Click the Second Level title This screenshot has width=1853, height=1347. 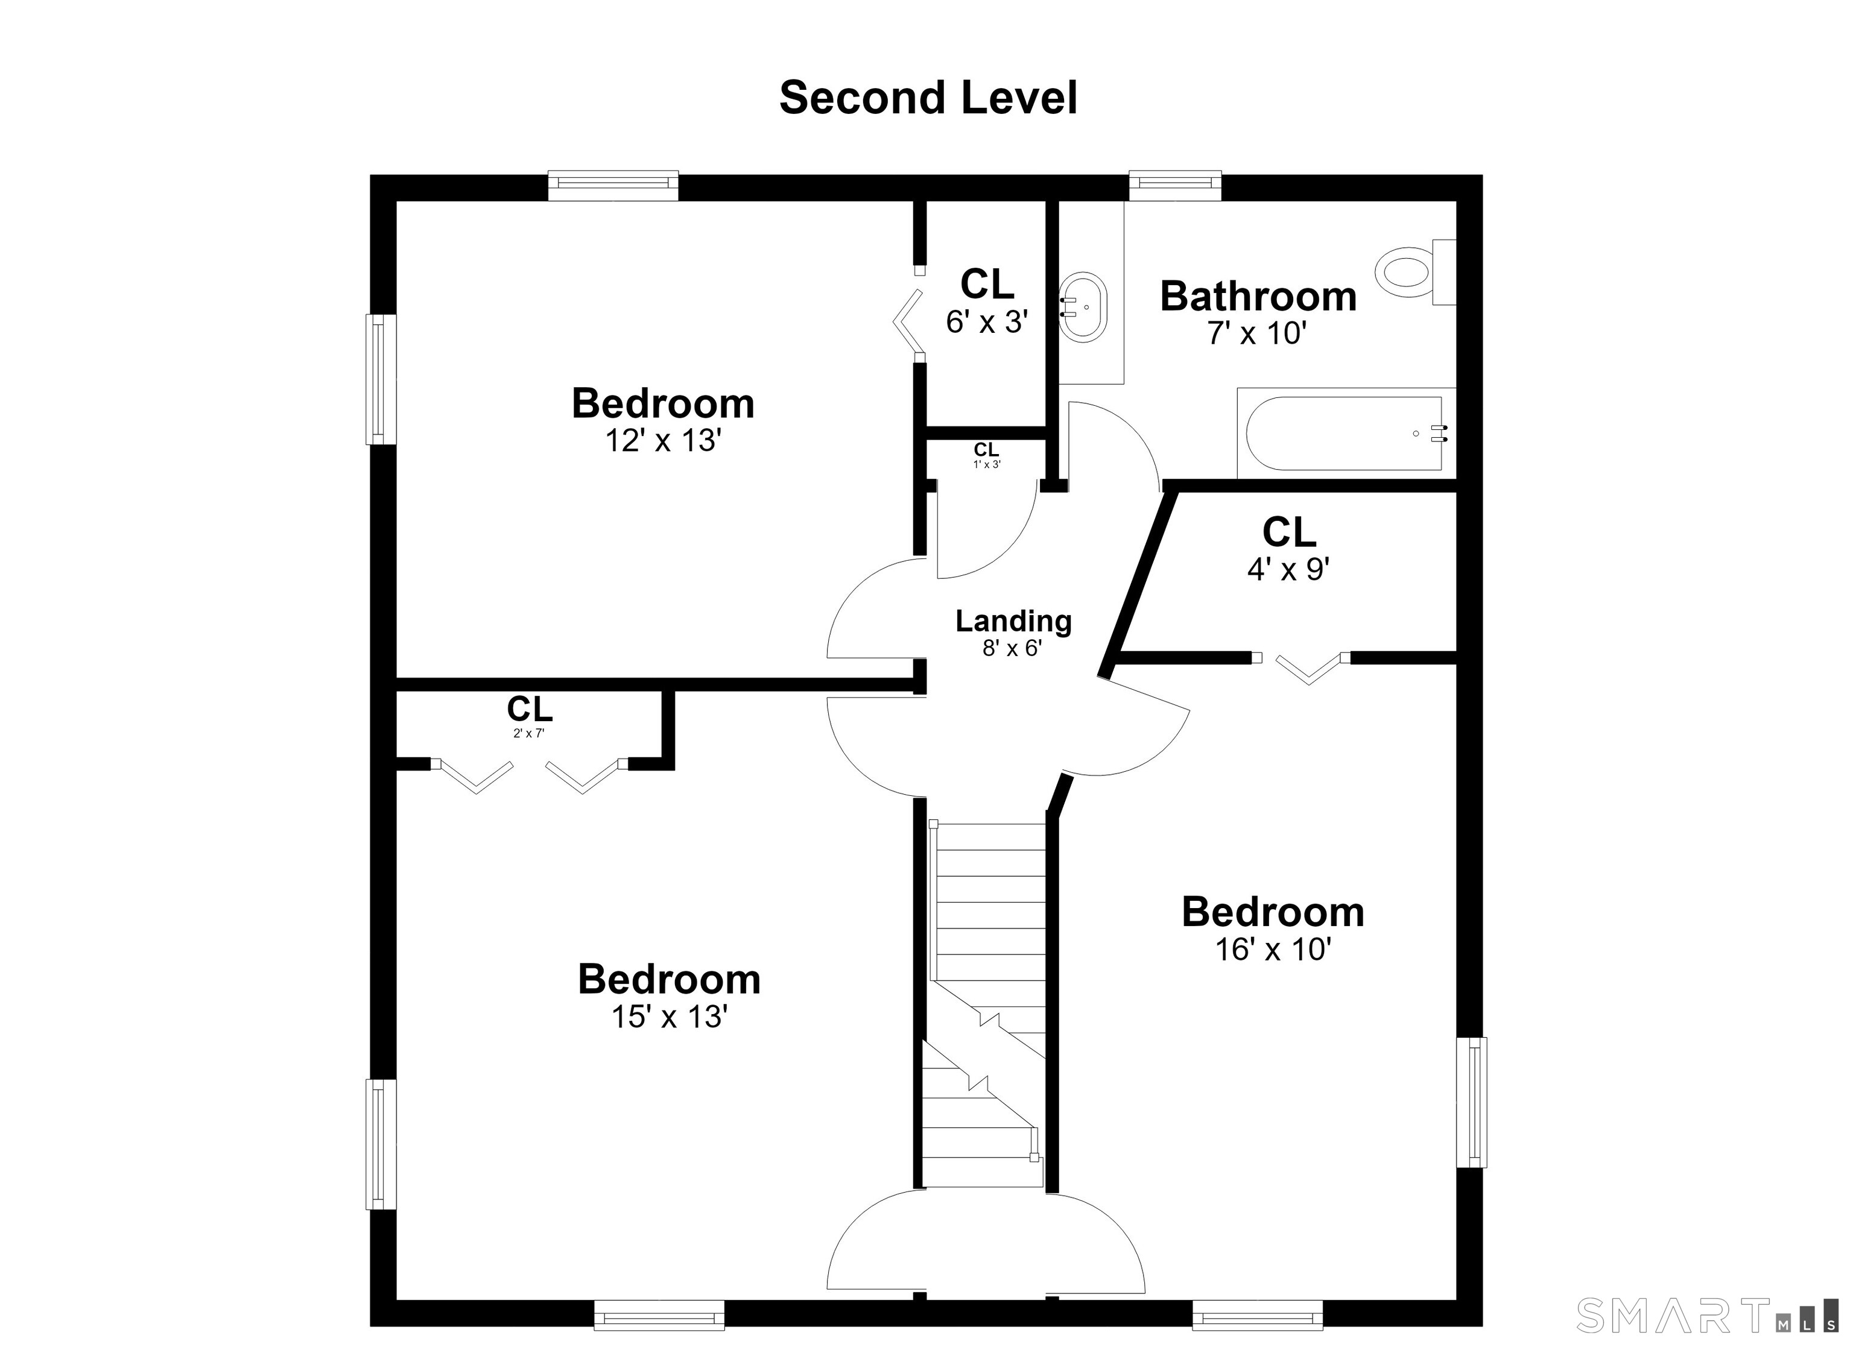coord(928,98)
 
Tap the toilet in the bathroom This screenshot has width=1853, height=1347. coord(1416,272)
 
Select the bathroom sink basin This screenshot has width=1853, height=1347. coord(1083,307)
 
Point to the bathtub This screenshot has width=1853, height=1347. coord(1346,433)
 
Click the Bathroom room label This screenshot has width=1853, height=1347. coord(1258,295)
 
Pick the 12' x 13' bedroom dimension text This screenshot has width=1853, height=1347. coord(662,441)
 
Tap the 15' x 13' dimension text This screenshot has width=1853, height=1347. coord(669,1017)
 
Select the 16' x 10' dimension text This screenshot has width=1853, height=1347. coord(1273,950)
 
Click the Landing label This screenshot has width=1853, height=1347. coord(1013,622)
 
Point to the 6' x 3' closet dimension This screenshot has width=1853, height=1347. coord(986,323)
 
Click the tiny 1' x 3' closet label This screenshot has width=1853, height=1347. coord(986,455)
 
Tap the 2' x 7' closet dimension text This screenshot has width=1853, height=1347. coord(528,734)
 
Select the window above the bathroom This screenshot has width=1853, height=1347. coord(1175,186)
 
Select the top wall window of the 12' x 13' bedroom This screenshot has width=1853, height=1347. coord(613,186)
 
